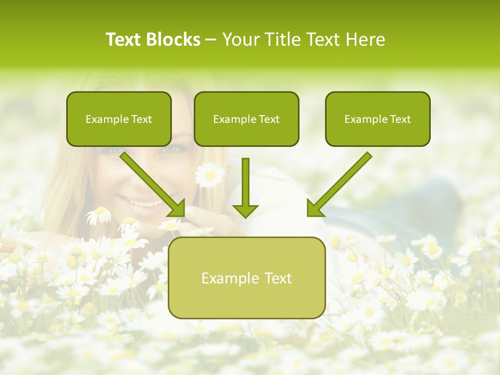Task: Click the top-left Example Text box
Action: click(119, 119)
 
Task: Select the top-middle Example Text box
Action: click(246, 119)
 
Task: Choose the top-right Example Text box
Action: click(378, 119)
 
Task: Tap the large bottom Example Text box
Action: click(246, 278)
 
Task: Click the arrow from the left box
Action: click(151, 182)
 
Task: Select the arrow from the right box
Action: click(341, 182)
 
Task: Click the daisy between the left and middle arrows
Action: click(210, 175)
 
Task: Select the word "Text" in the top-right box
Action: click(400, 119)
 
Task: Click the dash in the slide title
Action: click(211, 40)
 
